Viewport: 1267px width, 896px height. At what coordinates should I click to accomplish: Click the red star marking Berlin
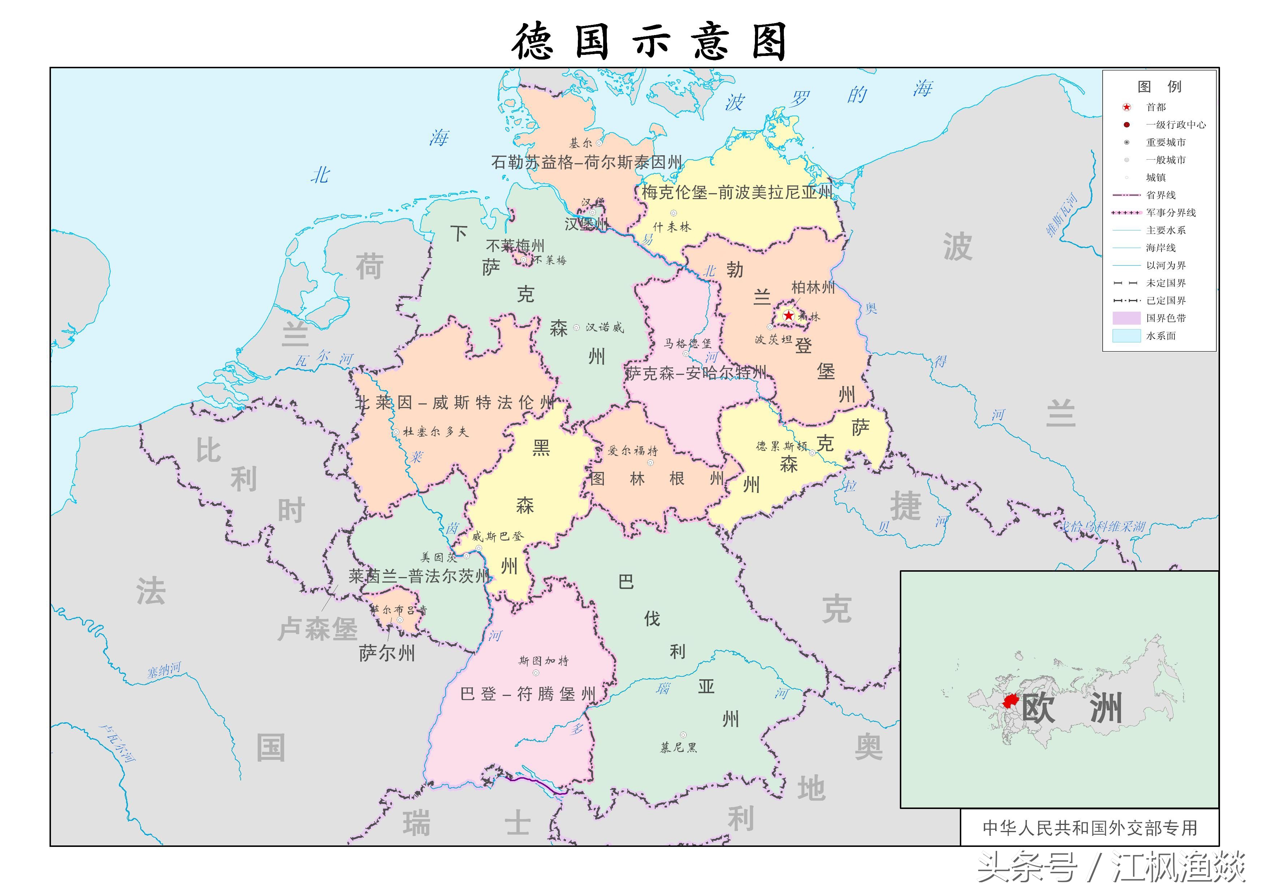point(789,316)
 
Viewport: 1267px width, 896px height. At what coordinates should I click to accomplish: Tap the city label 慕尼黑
point(679,748)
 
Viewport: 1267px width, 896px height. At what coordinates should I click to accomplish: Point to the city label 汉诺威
point(605,328)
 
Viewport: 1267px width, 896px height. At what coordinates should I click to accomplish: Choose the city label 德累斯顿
point(781,446)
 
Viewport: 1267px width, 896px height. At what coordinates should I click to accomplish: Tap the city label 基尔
point(580,143)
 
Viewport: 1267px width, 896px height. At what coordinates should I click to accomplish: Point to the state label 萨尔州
point(386,653)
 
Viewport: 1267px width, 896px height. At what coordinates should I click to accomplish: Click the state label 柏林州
point(813,287)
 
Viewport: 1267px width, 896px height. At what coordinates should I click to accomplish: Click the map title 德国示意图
point(649,42)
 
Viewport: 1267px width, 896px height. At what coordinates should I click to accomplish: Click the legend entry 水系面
point(1160,336)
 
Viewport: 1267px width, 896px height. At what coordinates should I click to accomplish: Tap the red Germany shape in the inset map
point(1010,701)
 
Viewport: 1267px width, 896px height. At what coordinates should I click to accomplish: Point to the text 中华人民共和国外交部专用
point(1090,828)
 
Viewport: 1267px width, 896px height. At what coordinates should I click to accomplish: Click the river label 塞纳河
point(164,670)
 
